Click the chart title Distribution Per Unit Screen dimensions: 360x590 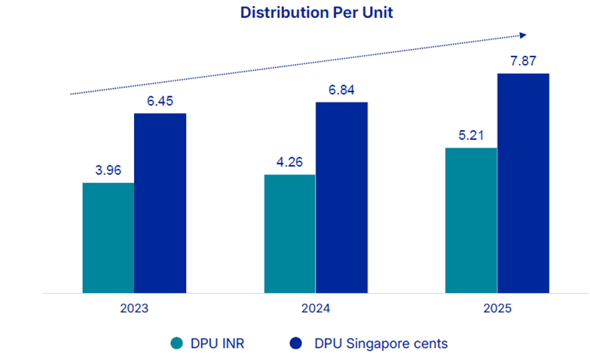[316, 13]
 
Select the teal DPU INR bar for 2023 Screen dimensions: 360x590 [109, 237]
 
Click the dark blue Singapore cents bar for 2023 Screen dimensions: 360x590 [160, 203]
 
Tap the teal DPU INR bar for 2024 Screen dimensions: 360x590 [290, 233]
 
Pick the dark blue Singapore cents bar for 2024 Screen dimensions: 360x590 [341, 197]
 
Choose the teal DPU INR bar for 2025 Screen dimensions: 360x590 [471, 220]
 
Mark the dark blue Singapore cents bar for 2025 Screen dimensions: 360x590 [523, 183]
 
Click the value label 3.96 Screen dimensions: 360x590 [109, 170]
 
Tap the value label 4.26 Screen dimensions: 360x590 [290, 162]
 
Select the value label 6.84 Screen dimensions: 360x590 [341, 90]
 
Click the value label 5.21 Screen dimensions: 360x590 [471, 136]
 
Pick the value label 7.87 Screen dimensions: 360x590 [523, 61]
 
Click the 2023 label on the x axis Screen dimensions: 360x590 [134, 309]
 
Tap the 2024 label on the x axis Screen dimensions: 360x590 [316, 309]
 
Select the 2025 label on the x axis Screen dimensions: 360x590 [497, 309]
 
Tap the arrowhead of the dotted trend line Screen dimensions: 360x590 [523, 35]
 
